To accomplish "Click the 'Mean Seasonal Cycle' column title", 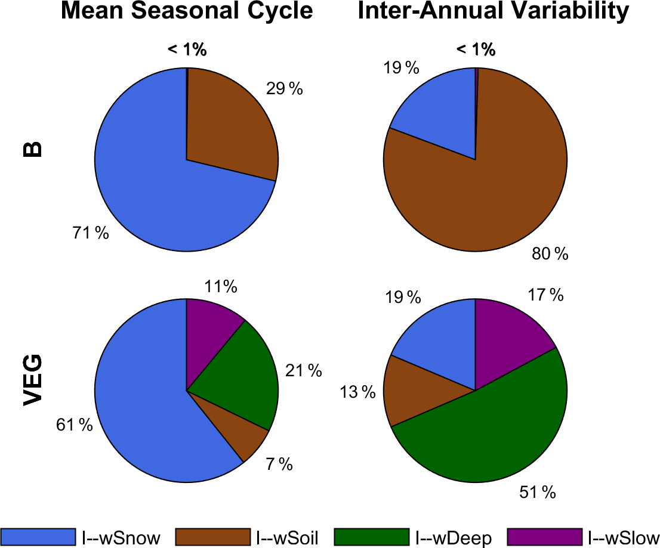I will pos(187,11).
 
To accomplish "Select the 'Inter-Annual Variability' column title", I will pos(493,11).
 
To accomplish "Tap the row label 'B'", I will pos(33,148).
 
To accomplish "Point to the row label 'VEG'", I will pos(33,380).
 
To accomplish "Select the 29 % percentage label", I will pos(284,89).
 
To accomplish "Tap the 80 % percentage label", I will pos(550,255).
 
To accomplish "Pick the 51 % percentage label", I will pos(538,493).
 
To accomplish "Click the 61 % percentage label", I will pos(75,425).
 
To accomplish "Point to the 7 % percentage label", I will pos(279,465).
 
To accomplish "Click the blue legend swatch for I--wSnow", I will pos(38,537).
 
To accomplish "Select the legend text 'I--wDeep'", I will pos(454,538).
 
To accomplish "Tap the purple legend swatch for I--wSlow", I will pos(544,537).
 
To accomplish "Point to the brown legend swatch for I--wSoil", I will pos(212,537).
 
